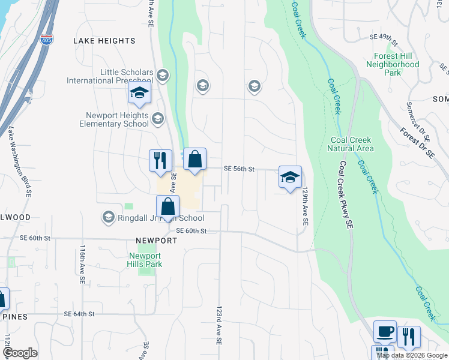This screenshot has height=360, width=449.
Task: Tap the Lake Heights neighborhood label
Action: (104, 41)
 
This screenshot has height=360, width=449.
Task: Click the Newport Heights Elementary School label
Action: (114, 119)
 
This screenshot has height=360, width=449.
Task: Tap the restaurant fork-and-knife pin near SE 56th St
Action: (160, 161)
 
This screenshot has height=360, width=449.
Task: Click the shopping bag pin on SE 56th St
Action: (194, 160)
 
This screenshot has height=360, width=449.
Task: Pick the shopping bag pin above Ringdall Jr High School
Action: (169, 207)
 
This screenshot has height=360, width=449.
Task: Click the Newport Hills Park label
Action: (145, 260)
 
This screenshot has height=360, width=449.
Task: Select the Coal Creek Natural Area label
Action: (352, 144)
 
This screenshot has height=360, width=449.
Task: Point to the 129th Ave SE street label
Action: (305, 205)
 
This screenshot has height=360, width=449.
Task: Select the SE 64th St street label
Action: (80, 314)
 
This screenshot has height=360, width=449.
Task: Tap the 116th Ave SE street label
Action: (81, 262)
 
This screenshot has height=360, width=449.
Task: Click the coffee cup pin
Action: (385, 331)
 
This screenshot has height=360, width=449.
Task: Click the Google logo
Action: (20, 353)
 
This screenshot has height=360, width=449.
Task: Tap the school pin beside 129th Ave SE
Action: (290, 177)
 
